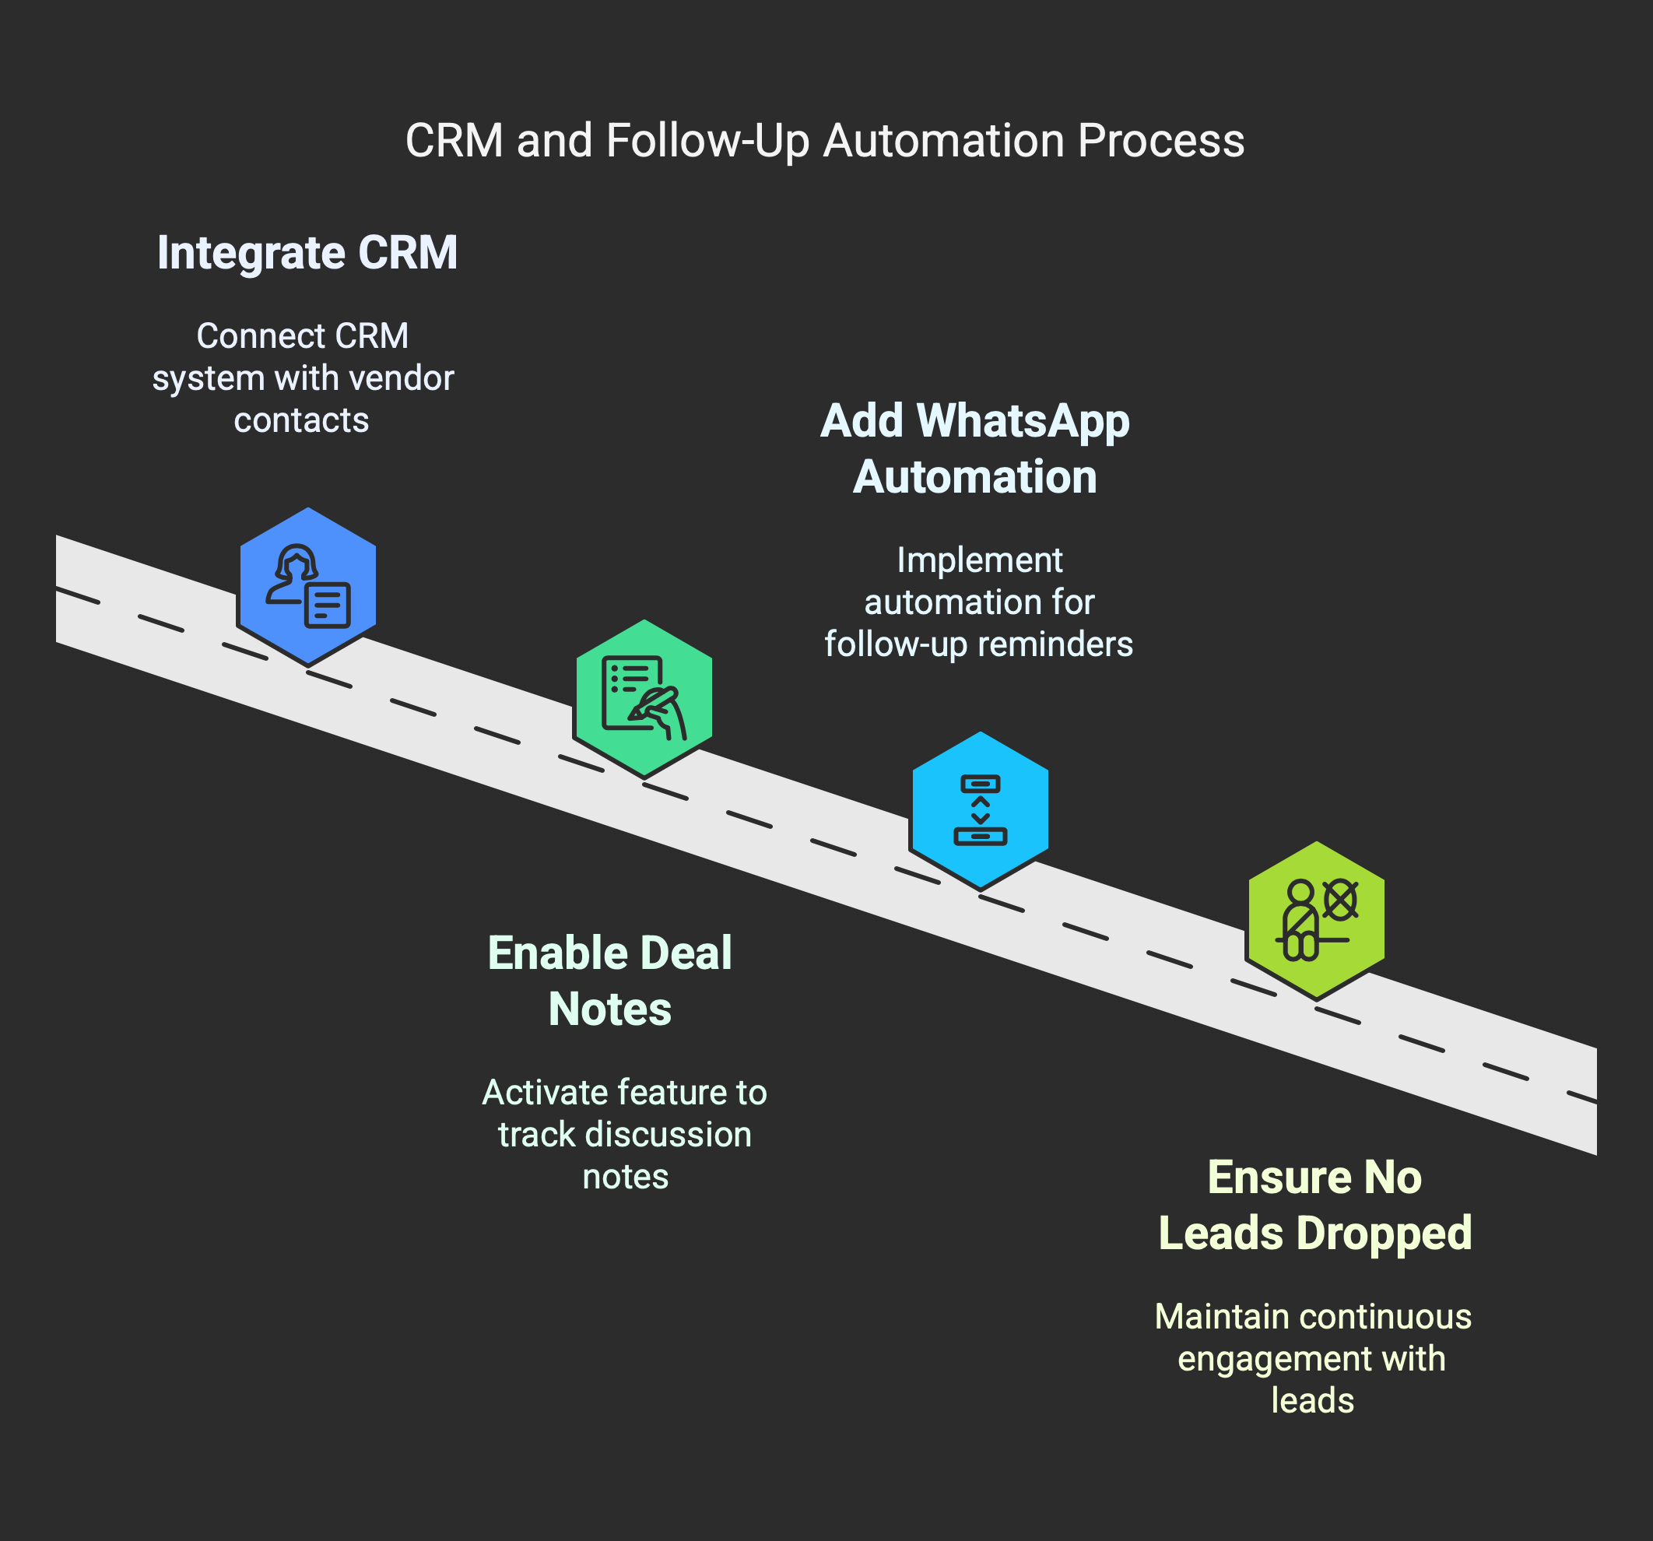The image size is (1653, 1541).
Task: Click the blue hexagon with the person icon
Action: pyautogui.click(x=307, y=586)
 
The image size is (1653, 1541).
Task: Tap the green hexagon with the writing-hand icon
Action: pyautogui.click(x=644, y=699)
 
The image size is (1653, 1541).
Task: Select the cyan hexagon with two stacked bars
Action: pyautogui.click(x=981, y=811)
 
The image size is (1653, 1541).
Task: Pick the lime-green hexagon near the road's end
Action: pyautogui.click(x=1316, y=921)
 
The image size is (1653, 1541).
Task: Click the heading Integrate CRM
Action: pyautogui.click(x=307, y=253)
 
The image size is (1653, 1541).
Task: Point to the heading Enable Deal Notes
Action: pyautogui.click(x=609, y=981)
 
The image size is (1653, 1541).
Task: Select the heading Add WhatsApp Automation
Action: pyautogui.click(x=975, y=449)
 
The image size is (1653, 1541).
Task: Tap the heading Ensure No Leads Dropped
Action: pyautogui.click(x=1315, y=1205)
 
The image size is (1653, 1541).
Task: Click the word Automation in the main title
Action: pyautogui.click(x=944, y=141)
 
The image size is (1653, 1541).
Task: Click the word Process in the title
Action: pyautogui.click(x=1162, y=141)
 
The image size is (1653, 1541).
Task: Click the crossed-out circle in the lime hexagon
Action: pyautogui.click(x=1339, y=900)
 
